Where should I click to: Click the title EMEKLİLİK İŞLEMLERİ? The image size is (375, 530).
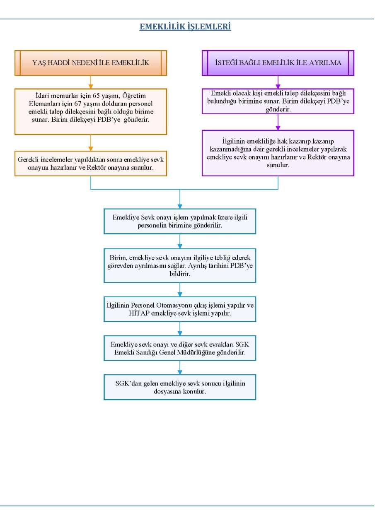click(185, 26)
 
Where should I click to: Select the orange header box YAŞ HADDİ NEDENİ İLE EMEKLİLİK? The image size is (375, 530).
click(91, 63)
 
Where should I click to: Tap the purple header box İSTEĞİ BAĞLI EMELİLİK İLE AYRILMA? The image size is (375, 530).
click(278, 63)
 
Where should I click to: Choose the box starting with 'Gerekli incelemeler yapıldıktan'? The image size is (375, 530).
click(91, 164)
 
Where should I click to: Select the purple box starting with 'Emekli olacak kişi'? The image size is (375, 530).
click(278, 101)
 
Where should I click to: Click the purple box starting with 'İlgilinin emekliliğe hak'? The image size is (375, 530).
click(278, 153)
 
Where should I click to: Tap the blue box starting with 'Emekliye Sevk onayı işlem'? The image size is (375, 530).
click(180, 222)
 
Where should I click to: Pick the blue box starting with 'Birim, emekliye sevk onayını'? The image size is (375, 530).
click(180, 266)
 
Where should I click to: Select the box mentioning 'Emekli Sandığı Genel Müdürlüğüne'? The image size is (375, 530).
click(180, 348)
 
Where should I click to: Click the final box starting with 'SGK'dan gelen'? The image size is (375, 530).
click(180, 387)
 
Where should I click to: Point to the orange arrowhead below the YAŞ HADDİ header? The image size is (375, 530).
click(91, 87)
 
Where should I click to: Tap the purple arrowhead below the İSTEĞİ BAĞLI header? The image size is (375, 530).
click(278, 87)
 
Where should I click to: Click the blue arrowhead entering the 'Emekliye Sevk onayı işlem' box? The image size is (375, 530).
click(180, 206)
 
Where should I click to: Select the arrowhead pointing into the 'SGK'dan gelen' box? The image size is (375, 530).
click(180, 372)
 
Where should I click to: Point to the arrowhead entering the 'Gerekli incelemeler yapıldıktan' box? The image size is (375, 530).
click(91, 149)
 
